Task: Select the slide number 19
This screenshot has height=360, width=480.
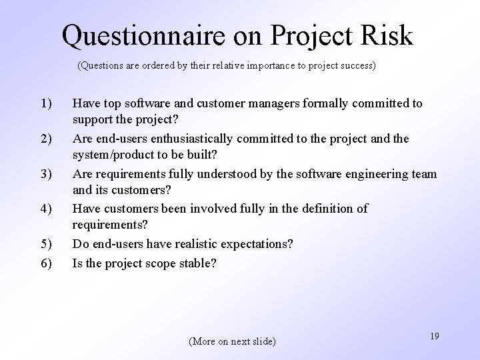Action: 434,335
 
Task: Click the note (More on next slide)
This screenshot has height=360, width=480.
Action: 231,341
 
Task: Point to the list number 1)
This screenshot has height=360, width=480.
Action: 46,103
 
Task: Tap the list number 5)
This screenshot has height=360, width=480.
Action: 46,244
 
